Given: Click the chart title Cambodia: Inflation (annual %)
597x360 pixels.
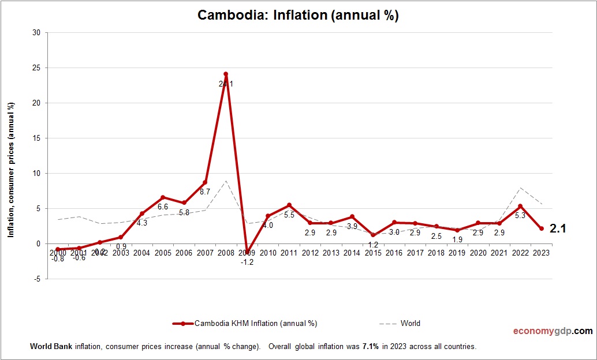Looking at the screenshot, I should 298,16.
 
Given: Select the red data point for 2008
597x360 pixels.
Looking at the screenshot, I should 226,74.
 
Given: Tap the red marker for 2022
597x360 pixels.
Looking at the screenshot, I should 521,207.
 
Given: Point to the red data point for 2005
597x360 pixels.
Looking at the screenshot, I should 163,197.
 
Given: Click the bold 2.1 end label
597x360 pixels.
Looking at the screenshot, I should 557,229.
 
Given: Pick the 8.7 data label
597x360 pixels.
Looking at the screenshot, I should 205,192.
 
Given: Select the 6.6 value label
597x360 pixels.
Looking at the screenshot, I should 163,207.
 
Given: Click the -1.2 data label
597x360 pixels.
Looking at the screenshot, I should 247,262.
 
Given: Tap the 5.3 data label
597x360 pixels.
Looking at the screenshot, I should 521,216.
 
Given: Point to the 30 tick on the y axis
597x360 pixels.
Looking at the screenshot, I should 36,33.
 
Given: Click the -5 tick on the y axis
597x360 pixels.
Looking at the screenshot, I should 36,279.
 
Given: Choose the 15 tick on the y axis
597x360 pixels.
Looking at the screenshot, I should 36,138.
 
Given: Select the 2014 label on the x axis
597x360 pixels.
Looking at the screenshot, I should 352,253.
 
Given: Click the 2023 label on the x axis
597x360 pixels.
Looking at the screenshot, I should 542,253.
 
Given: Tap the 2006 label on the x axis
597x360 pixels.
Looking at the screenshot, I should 184,253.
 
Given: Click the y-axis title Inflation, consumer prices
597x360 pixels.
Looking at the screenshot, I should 11,170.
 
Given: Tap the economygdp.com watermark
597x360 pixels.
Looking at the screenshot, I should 553,331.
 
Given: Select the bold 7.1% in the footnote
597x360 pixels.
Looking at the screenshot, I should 370,347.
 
